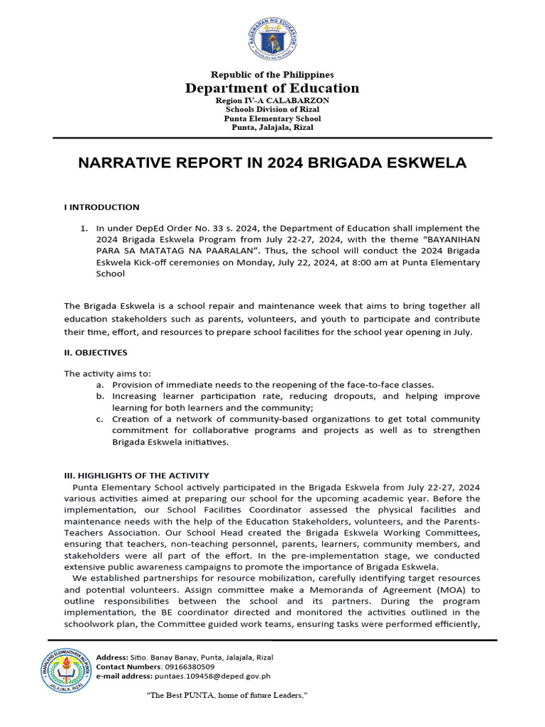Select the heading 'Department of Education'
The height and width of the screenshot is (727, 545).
click(x=272, y=88)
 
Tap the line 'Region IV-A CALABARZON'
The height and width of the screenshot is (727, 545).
click(x=272, y=101)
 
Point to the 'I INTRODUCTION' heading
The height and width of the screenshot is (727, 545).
click(x=101, y=207)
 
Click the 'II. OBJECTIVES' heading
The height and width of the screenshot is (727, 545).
click(x=96, y=352)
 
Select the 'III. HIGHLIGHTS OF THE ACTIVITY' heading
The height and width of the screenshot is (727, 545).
click(x=136, y=475)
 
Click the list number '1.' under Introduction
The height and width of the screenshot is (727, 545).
click(x=84, y=228)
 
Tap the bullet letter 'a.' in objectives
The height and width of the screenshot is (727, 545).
click(x=101, y=385)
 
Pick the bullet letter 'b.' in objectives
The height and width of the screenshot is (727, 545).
click(x=101, y=396)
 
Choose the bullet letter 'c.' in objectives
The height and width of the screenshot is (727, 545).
click(x=101, y=419)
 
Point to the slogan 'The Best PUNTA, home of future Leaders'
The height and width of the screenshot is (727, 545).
click(x=226, y=695)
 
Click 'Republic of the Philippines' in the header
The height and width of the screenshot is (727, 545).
click(x=272, y=75)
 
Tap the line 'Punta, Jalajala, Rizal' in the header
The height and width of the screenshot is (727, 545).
click(x=272, y=128)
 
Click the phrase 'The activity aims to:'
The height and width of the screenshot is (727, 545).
click(x=107, y=373)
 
